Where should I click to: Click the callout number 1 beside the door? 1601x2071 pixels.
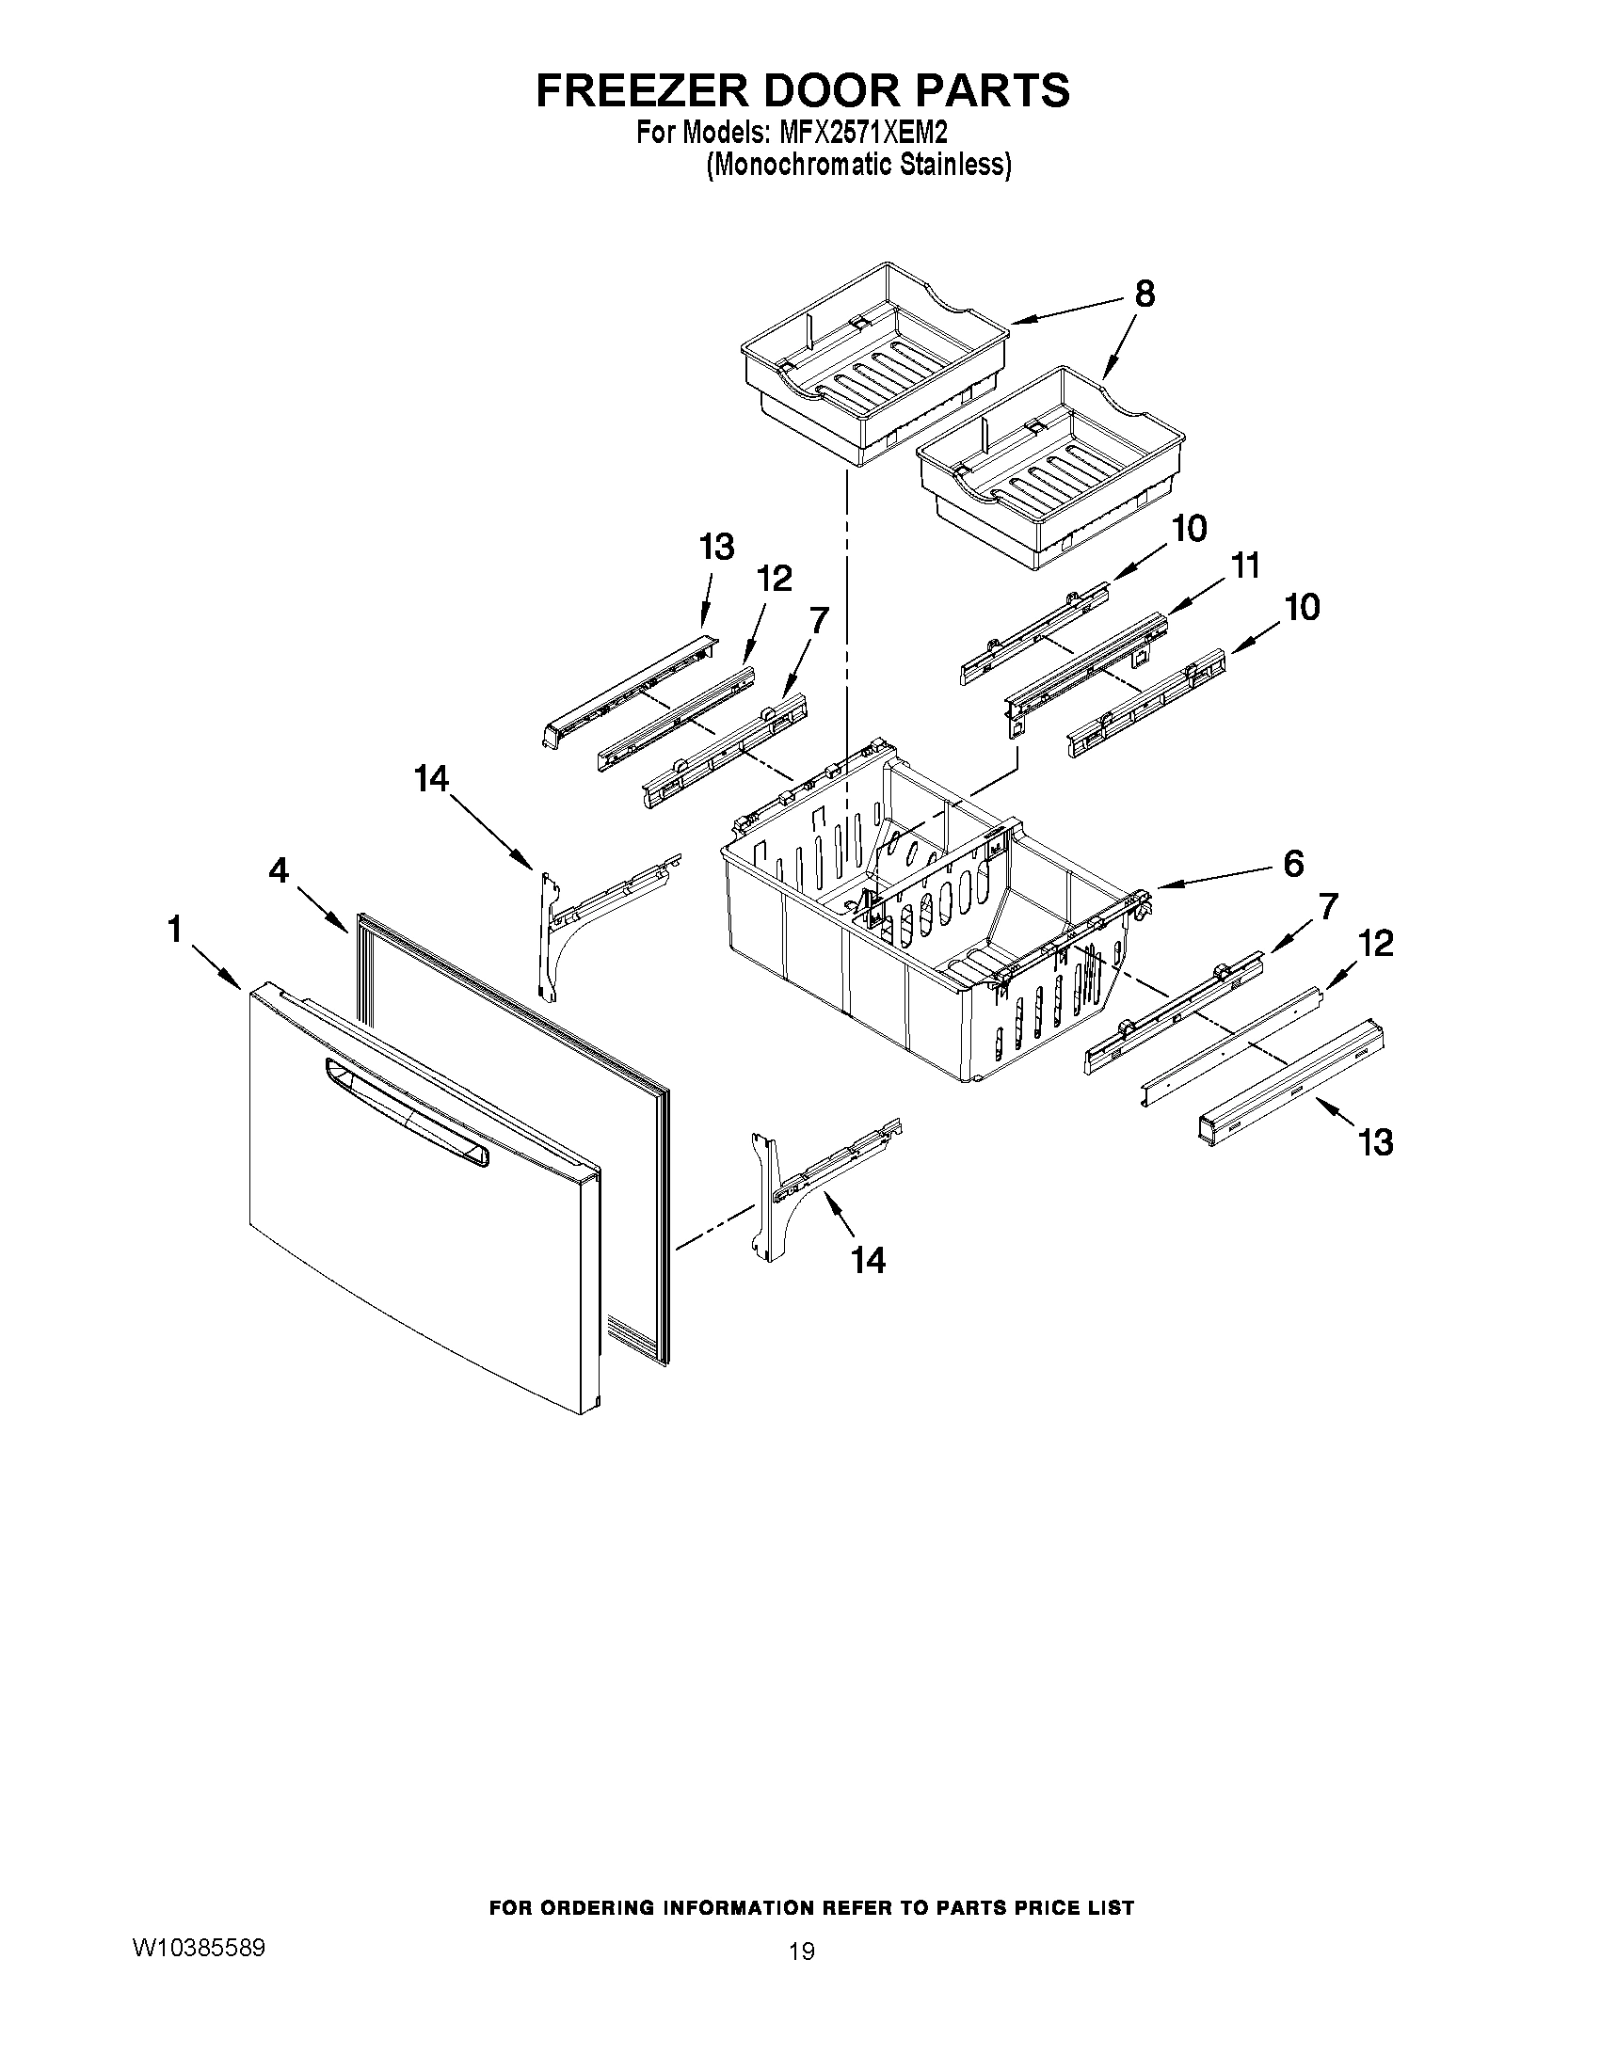tap(174, 931)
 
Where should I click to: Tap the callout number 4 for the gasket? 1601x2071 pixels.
tap(278, 870)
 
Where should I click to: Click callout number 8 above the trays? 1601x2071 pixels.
tap(1145, 295)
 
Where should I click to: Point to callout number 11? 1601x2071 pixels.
tap(1244, 566)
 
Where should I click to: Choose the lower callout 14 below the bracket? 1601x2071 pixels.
tap(868, 1260)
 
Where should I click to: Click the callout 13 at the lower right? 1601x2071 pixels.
tap(1375, 1141)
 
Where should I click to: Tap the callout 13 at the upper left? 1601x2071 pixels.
tap(716, 547)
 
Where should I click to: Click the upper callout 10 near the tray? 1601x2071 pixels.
tap(1189, 528)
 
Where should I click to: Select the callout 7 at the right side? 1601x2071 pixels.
tap(1327, 906)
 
